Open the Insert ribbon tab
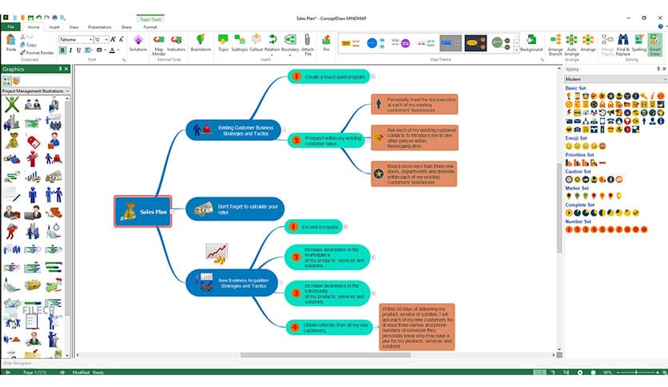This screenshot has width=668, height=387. pos(54,26)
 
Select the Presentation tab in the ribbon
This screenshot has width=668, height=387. pos(100,26)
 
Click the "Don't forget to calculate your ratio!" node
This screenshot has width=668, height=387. pos(235,209)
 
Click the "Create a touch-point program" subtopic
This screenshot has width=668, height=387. pos(328,77)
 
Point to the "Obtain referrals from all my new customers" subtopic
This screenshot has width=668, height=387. pos(329,325)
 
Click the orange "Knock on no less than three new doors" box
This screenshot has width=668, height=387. pos(414,174)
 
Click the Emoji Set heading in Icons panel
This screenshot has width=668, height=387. pos(577,138)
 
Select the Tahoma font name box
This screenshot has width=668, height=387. pos(74,39)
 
